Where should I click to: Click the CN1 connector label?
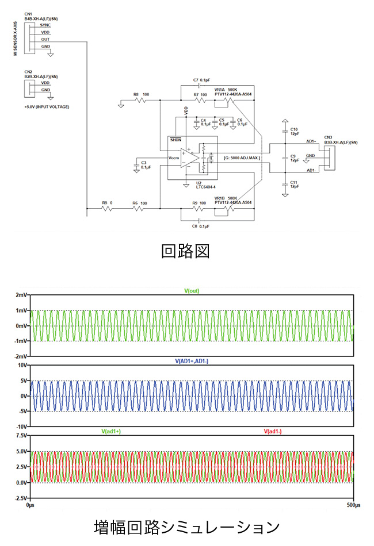pos(29,13)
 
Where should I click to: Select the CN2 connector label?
pos(29,71)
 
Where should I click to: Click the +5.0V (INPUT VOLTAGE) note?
pos(46,107)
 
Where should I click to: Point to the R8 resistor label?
pos(136,94)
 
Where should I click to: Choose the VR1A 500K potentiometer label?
pos(226,90)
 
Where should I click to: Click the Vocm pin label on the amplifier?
pos(174,157)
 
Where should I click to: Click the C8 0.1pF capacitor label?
pos(201,226)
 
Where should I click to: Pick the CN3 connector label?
pos(328,137)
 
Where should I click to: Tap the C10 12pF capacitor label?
pos(294,131)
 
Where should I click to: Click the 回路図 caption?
pos(186,251)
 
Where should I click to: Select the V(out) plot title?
pos(192,291)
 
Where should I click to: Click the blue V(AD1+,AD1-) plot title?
pos(192,361)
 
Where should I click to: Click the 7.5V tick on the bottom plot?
pos(21,435)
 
